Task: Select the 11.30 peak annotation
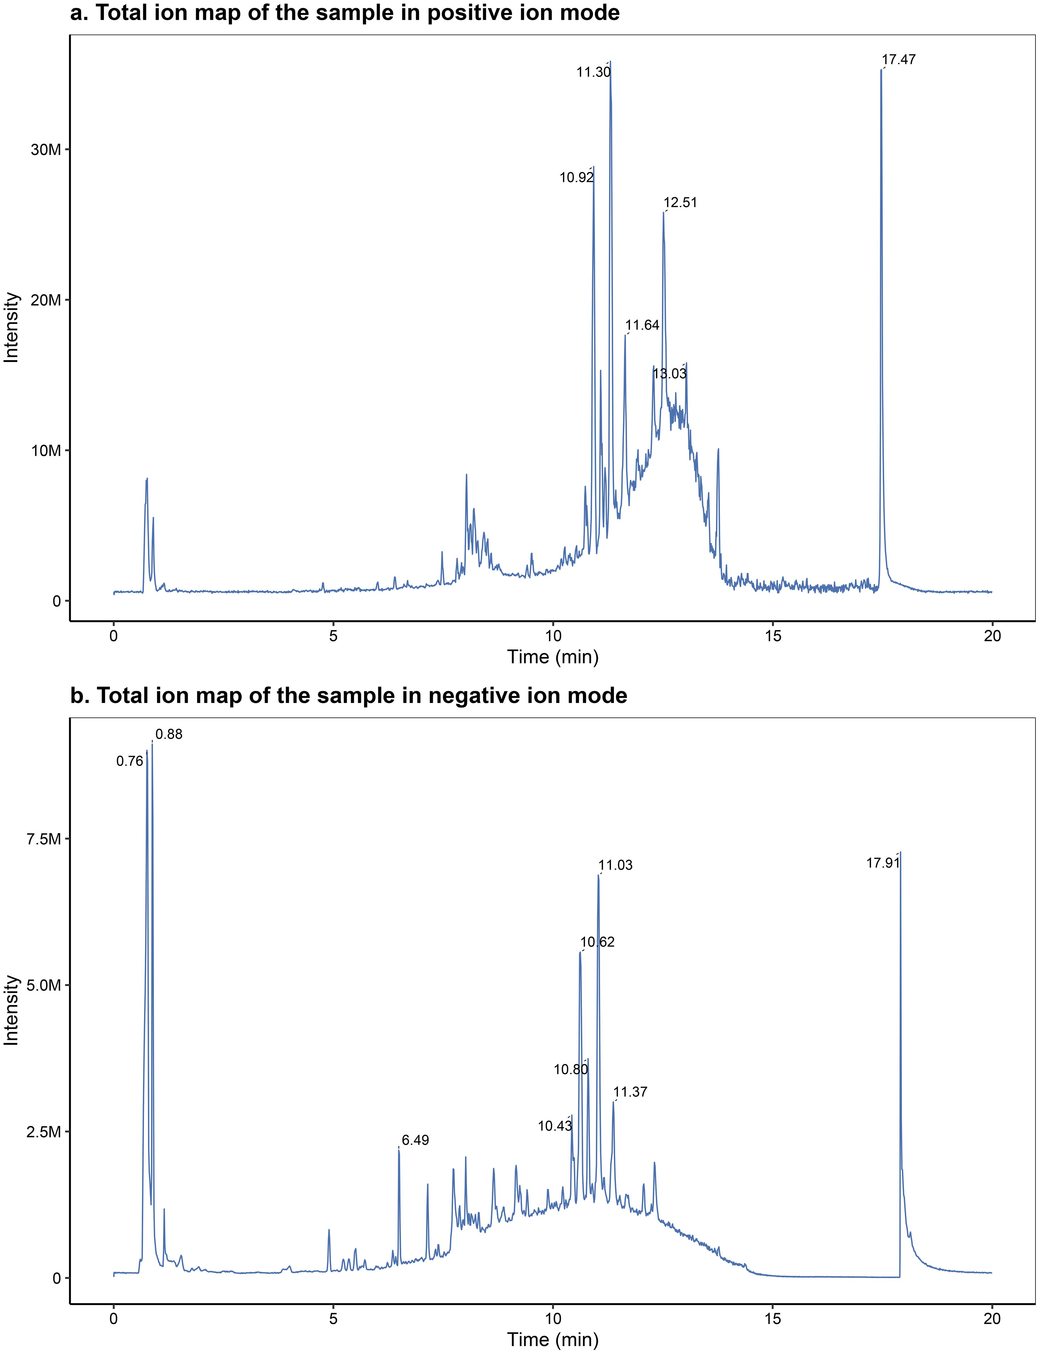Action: [593, 72]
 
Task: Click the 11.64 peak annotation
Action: [642, 325]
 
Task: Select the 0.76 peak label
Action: [130, 762]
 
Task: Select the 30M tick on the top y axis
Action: [45, 150]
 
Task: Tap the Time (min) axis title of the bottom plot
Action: [553, 1340]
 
